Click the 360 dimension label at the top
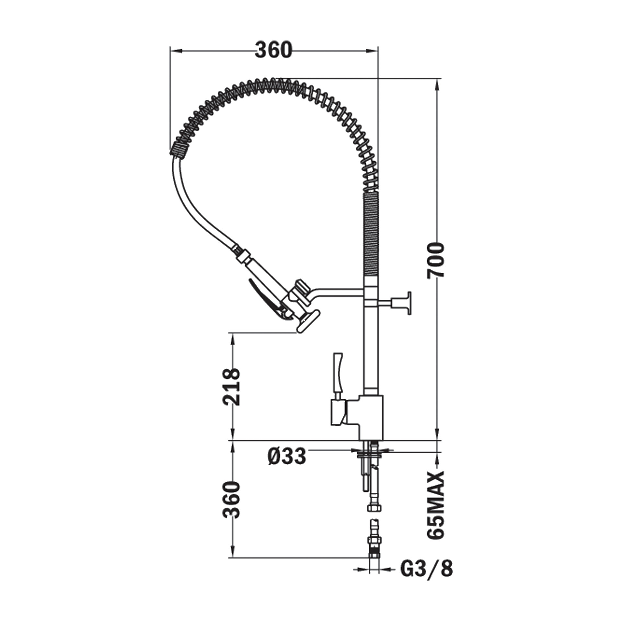click(273, 51)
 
